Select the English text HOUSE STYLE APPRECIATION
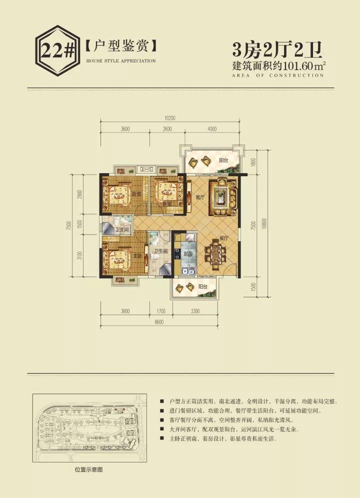pyautogui.click(x=121, y=61)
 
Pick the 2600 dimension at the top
pyautogui.click(x=167, y=129)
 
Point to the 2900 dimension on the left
pyautogui.click(x=80, y=194)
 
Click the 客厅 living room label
pyautogui.click(x=200, y=198)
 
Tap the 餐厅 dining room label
pyautogui.click(x=223, y=239)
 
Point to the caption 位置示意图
pyautogui.click(x=88, y=470)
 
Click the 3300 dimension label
pyautogui.click(x=195, y=311)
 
